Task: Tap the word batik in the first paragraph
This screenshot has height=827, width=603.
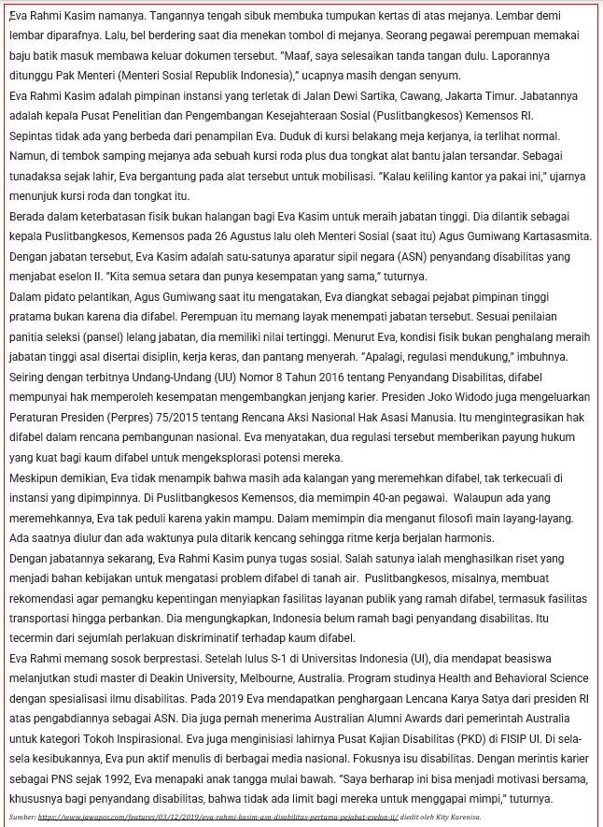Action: coord(44,55)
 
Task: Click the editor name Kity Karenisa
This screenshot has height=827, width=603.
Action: coord(451,817)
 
